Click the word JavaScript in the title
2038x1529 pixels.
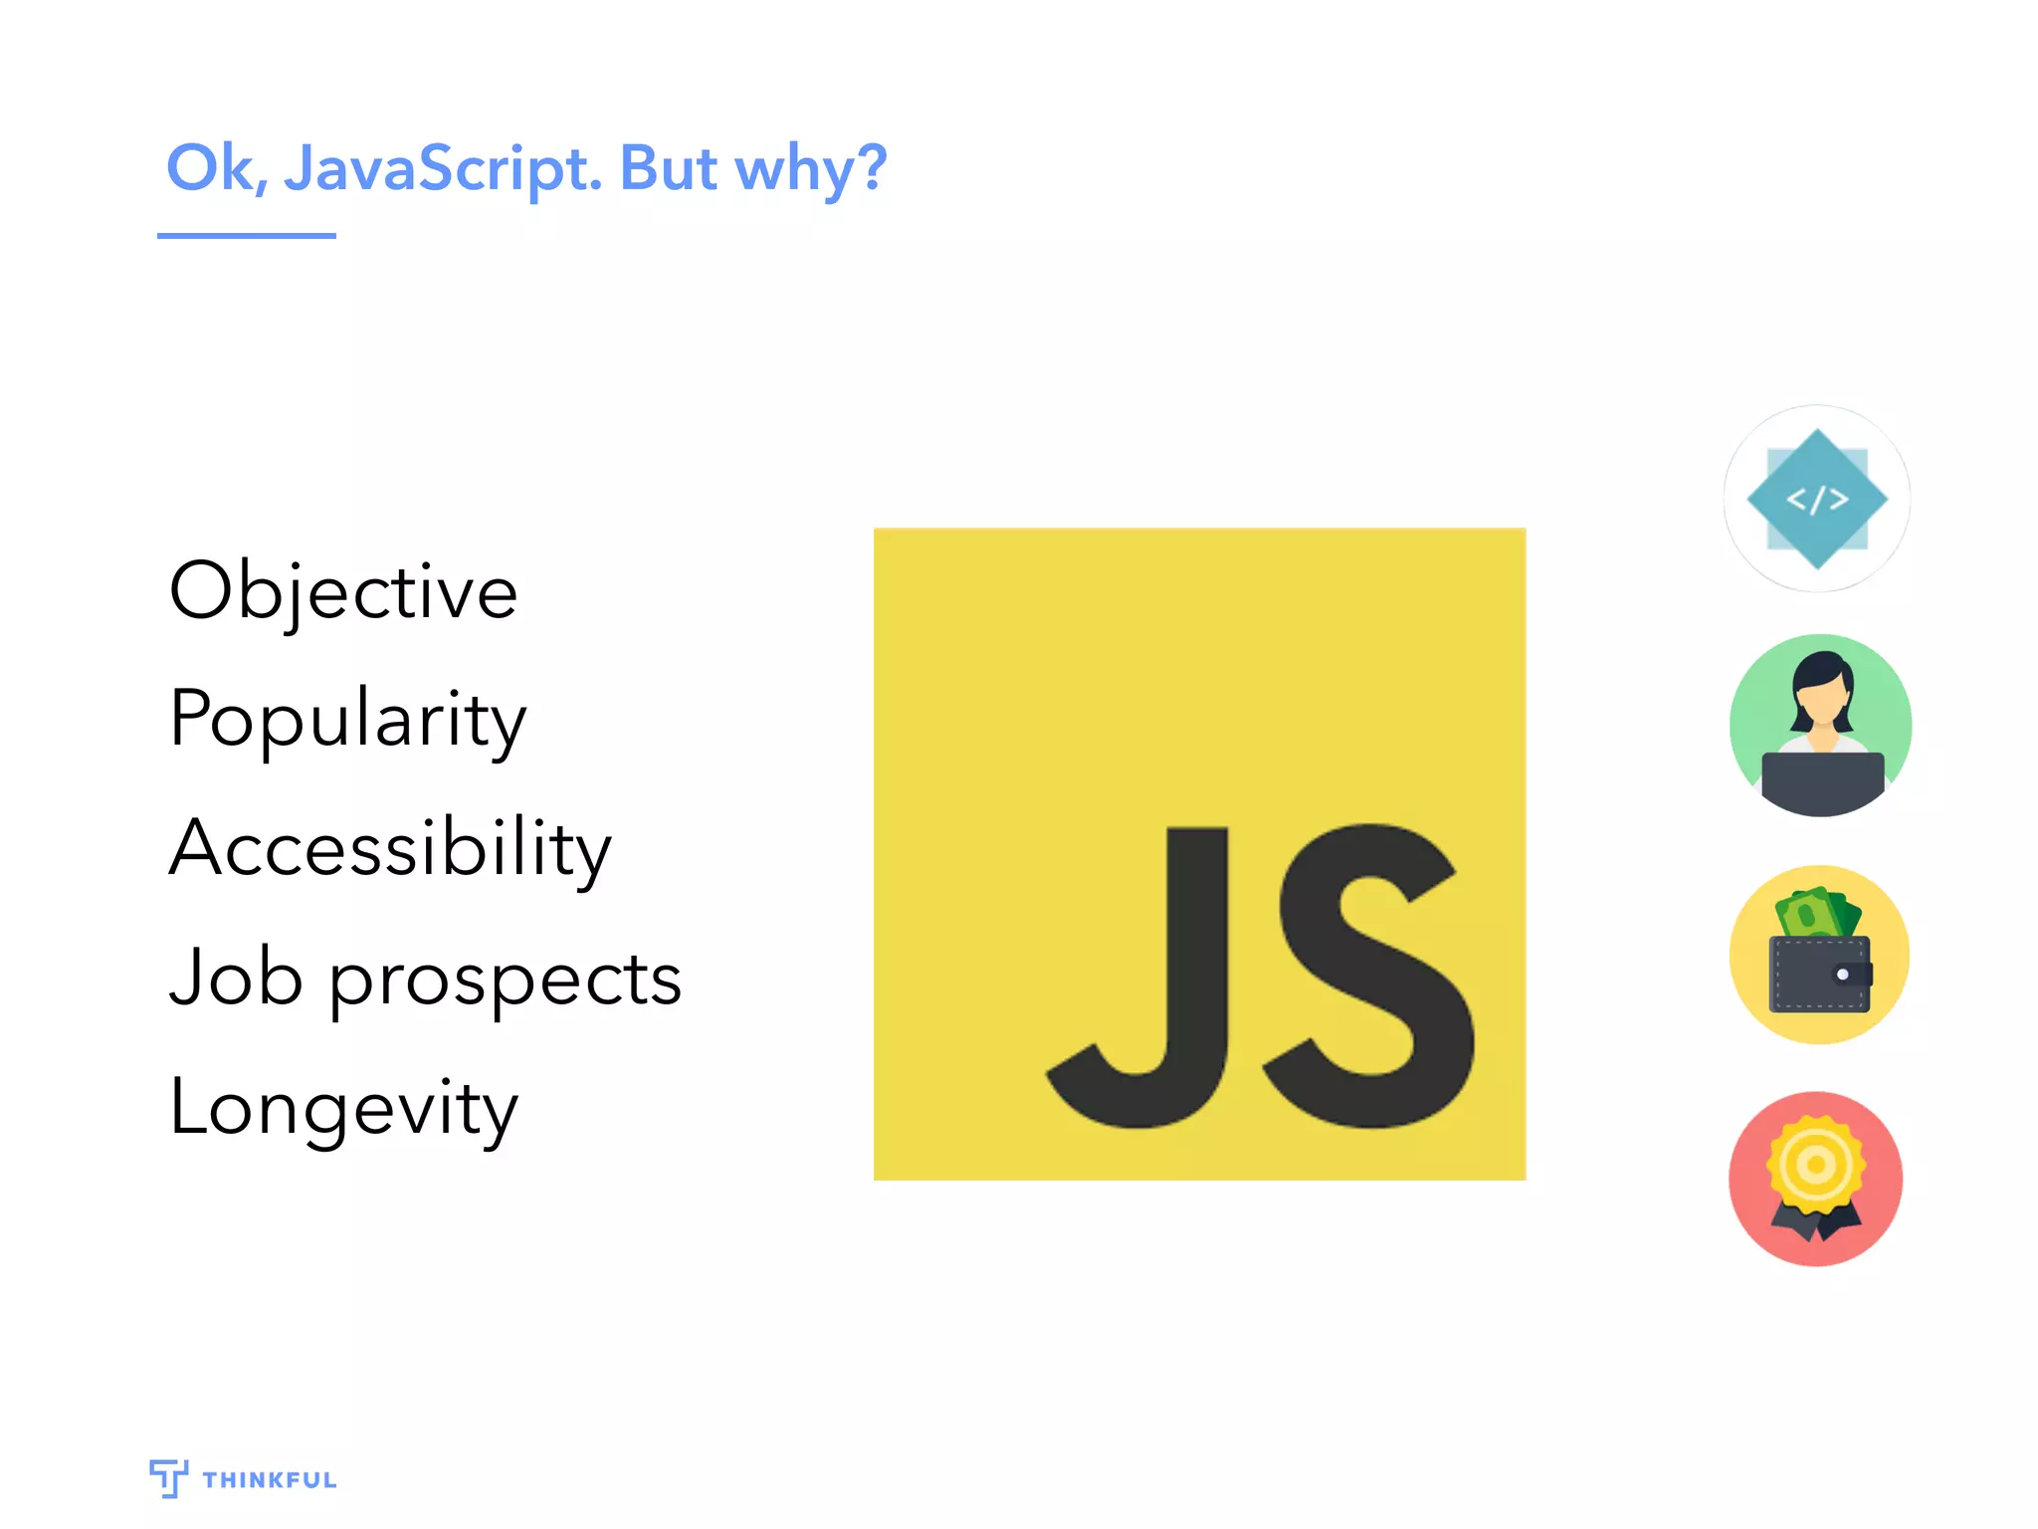point(443,168)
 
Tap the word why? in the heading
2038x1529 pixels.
point(810,168)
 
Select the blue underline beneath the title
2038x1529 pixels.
point(247,236)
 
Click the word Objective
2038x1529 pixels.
point(343,591)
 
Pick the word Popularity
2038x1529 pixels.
point(347,719)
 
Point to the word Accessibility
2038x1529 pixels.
point(390,848)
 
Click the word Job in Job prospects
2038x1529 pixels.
point(236,978)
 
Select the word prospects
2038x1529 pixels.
point(506,982)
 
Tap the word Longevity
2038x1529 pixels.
point(343,1109)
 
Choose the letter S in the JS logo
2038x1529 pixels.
point(1368,976)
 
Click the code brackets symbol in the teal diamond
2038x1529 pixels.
point(1817,499)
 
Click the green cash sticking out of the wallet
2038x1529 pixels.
point(1816,912)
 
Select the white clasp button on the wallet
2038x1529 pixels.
point(1842,975)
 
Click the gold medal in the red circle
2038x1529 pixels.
point(1816,1165)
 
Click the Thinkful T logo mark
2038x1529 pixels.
point(168,1478)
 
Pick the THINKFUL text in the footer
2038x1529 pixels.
point(270,1480)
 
